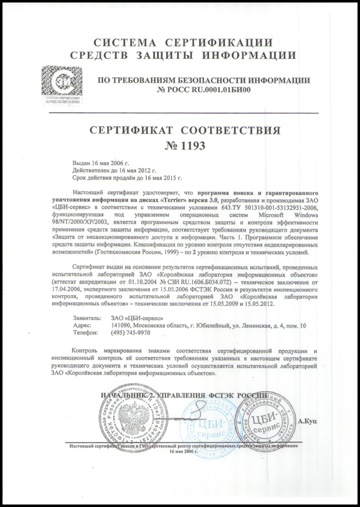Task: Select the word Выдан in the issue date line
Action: click(x=81, y=163)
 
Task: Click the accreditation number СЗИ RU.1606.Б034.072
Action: click(x=191, y=282)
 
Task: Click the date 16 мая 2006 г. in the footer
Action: click(x=184, y=450)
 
